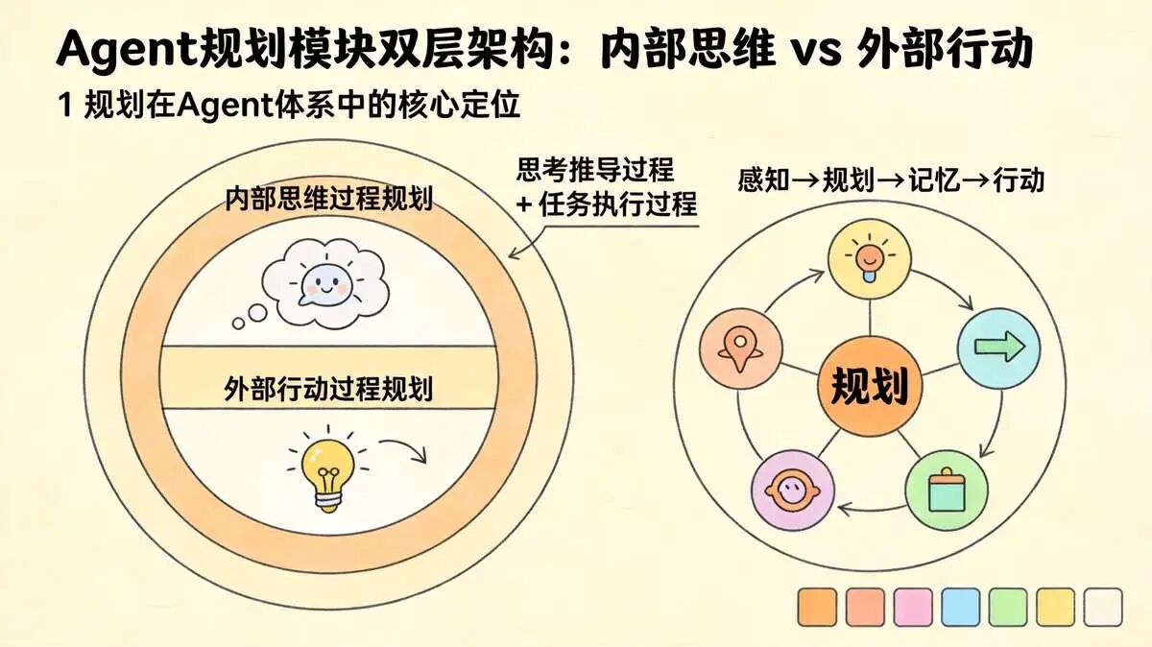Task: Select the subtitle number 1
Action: (x=65, y=105)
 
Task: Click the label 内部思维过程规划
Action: (x=329, y=199)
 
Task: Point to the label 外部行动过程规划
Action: (x=328, y=389)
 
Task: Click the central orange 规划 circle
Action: (x=870, y=386)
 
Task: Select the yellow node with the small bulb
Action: (x=870, y=258)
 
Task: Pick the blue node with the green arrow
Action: (x=998, y=348)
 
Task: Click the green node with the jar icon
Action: (x=947, y=491)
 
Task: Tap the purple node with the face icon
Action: (x=793, y=491)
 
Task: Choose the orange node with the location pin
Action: (x=740, y=349)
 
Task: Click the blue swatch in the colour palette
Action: (x=961, y=608)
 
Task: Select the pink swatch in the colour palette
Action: (x=913, y=608)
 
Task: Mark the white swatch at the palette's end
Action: (x=1103, y=608)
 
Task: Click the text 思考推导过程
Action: (x=595, y=170)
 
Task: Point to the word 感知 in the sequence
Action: (x=764, y=180)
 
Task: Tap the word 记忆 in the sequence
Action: (x=934, y=180)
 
